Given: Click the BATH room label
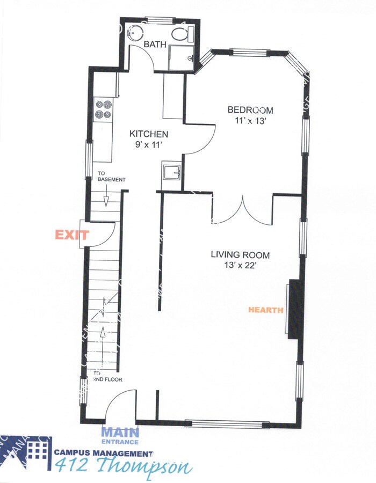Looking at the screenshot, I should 155,45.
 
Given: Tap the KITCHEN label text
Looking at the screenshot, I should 149,134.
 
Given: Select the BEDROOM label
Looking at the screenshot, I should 250,111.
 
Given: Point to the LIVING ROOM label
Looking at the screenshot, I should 240,255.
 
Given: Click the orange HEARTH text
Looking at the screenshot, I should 265,310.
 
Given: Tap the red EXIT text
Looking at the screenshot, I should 72,235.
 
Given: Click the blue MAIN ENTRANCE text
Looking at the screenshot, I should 120,435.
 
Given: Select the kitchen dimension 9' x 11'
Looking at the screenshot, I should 148,144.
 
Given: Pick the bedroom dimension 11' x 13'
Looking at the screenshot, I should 250,121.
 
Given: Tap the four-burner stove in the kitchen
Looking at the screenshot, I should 104,109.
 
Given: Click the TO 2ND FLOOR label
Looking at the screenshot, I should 107,376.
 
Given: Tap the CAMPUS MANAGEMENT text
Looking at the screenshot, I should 103,452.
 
